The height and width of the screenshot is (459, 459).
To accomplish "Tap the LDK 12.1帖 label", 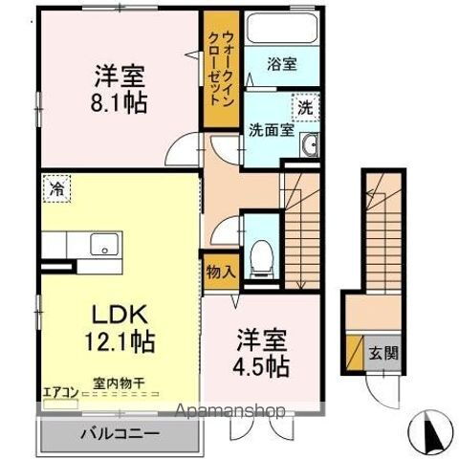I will tap(118, 328).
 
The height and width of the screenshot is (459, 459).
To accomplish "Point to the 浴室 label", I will tap(281, 66).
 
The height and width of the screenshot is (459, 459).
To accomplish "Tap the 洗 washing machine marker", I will tap(305, 108).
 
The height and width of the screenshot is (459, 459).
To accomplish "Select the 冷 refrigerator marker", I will tap(56, 188).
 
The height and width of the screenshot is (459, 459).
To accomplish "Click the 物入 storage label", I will tap(220, 271).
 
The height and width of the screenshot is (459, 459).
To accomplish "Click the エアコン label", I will tap(59, 390).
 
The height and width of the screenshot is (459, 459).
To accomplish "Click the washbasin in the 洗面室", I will tap(309, 144).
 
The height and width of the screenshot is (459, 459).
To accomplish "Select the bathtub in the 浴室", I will tap(279, 30).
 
